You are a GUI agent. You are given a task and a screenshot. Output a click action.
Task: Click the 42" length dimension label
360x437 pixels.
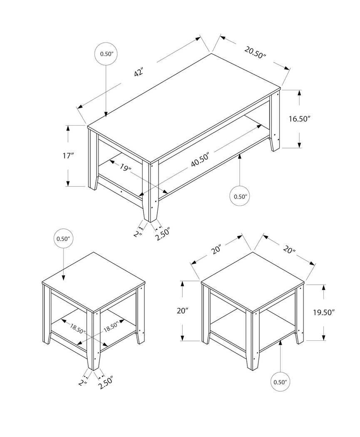click(139, 72)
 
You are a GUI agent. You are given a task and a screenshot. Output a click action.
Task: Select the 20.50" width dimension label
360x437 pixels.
click(255, 53)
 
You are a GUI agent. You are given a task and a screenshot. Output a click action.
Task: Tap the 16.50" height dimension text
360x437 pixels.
click(300, 119)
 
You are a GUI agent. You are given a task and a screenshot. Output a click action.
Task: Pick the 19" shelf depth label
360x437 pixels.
click(125, 169)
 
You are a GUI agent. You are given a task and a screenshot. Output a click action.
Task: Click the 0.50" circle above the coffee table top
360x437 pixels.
click(107, 54)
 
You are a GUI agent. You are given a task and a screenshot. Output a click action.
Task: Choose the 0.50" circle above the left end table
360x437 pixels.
click(63, 239)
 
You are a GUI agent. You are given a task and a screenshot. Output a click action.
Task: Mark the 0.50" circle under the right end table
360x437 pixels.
click(281, 381)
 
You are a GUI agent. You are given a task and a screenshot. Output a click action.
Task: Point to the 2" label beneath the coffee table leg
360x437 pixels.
click(138, 234)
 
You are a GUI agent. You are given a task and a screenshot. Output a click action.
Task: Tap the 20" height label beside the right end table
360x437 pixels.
click(183, 310)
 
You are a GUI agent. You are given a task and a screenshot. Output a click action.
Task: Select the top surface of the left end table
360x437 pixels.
click(94, 281)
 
